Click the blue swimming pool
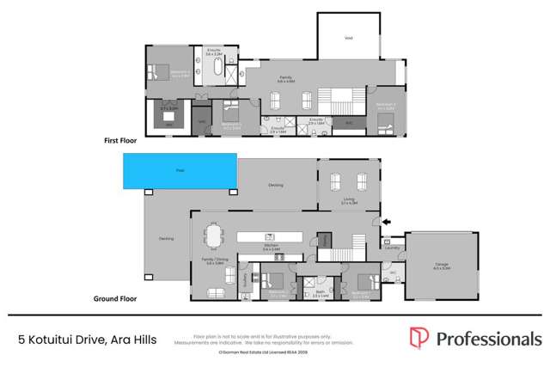click(180, 172)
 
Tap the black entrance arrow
click(387, 222)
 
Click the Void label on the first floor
click(347, 37)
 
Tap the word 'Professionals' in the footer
click(488, 339)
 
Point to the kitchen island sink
click(269, 234)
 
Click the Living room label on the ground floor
click(348, 201)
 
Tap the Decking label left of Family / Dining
click(167, 239)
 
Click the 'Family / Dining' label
click(215, 261)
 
